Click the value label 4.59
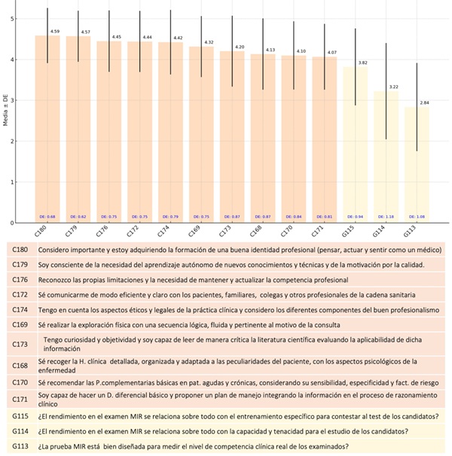click(54, 32)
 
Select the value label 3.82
click(362, 62)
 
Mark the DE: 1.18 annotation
click(386, 217)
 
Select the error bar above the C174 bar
click(170, 41)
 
